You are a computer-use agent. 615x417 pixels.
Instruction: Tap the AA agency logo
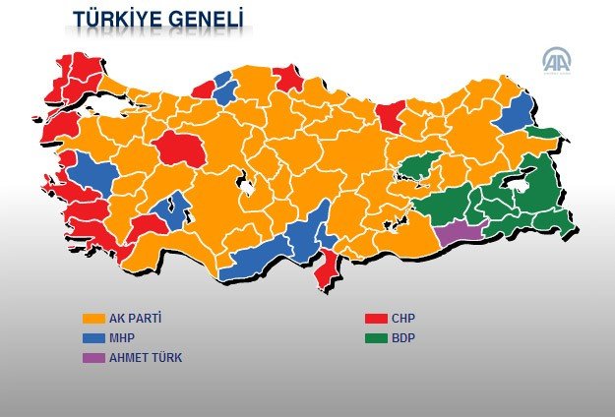pos(558,61)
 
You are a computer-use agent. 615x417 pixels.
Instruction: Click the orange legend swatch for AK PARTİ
pos(93,319)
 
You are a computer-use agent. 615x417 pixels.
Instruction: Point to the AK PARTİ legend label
pos(136,319)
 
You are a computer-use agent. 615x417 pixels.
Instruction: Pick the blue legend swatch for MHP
pos(93,338)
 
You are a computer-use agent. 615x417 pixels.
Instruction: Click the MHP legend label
pos(124,338)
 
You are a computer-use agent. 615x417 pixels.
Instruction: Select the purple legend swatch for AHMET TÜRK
pos(93,358)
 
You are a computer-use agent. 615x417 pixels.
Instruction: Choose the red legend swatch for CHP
pos(374,319)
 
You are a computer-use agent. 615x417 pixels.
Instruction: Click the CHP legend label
pos(403,319)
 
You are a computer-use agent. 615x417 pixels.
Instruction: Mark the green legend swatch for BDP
pos(374,338)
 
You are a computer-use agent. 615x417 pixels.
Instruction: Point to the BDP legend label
pos(403,338)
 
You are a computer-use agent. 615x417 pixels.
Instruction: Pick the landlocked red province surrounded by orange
pos(180,147)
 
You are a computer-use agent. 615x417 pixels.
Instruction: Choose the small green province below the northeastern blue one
pos(541,133)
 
